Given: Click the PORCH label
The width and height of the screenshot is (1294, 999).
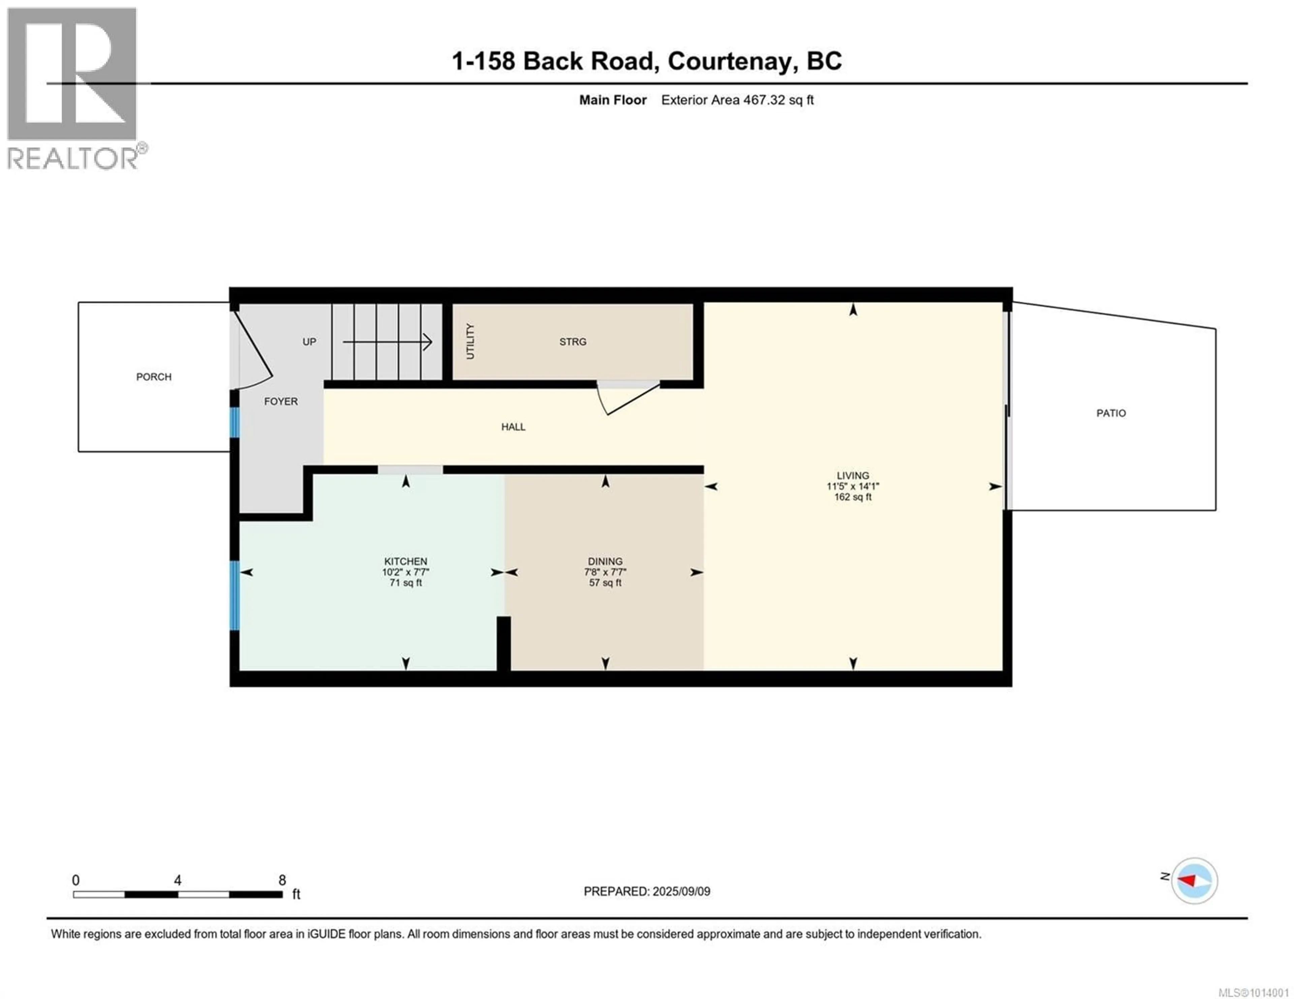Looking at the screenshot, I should point(153,377).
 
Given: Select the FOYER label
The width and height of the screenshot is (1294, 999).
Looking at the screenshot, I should point(281,401).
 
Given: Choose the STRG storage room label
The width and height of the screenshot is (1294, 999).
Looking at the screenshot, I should point(572,342).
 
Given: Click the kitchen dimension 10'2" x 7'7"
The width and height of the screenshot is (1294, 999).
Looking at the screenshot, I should point(405,572).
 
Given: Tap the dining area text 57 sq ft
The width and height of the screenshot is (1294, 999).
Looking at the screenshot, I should point(605,583).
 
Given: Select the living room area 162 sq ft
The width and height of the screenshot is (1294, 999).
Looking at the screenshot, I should point(853,497).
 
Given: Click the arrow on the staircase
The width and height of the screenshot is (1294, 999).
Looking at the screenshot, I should point(388,342).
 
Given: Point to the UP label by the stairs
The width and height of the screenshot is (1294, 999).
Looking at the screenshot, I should point(309,342).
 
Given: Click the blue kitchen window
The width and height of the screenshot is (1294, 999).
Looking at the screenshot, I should point(235,595).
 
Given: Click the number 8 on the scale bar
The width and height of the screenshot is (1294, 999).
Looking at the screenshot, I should point(282,880).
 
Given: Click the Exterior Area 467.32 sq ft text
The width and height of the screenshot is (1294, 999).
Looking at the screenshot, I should point(737,100).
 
